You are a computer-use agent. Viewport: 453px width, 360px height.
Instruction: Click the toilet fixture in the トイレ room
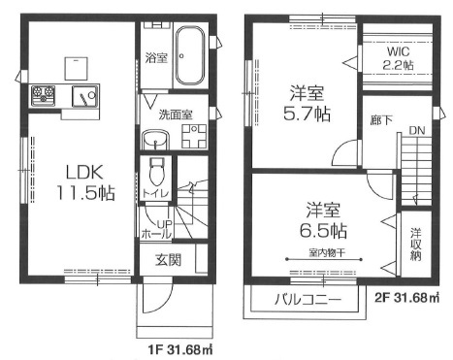tap(157, 171)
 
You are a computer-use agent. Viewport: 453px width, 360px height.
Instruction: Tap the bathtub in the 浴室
tap(190, 55)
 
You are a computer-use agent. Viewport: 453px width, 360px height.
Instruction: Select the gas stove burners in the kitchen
tap(43, 95)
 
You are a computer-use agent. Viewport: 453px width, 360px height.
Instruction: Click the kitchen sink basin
tap(84, 96)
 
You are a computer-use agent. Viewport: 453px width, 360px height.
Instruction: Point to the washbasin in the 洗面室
tap(155, 140)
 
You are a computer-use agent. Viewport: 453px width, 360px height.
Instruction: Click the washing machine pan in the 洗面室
tap(194, 136)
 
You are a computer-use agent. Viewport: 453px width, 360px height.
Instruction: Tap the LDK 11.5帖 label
tap(85, 182)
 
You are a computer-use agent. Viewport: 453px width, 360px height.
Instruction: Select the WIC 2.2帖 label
tap(398, 58)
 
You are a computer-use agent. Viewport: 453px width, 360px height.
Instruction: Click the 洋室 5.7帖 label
tap(307, 104)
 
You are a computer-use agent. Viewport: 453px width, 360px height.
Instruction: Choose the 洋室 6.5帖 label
tap(323, 220)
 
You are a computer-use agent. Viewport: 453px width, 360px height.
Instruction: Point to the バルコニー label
tap(307, 300)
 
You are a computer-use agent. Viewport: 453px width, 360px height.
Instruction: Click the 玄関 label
tap(168, 260)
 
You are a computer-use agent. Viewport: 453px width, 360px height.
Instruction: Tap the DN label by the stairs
tap(417, 131)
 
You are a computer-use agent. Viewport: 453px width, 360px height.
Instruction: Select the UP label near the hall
tap(165, 224)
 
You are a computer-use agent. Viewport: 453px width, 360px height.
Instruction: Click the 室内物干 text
tap(327, 253)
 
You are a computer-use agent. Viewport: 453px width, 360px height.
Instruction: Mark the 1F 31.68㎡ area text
tap(180, 349)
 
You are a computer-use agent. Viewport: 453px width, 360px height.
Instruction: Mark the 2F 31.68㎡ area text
tap(407, 297)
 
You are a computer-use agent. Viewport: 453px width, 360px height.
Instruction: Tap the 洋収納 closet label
tap(416, 245)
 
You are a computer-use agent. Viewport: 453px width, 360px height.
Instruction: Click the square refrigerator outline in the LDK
tap(77, 68)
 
